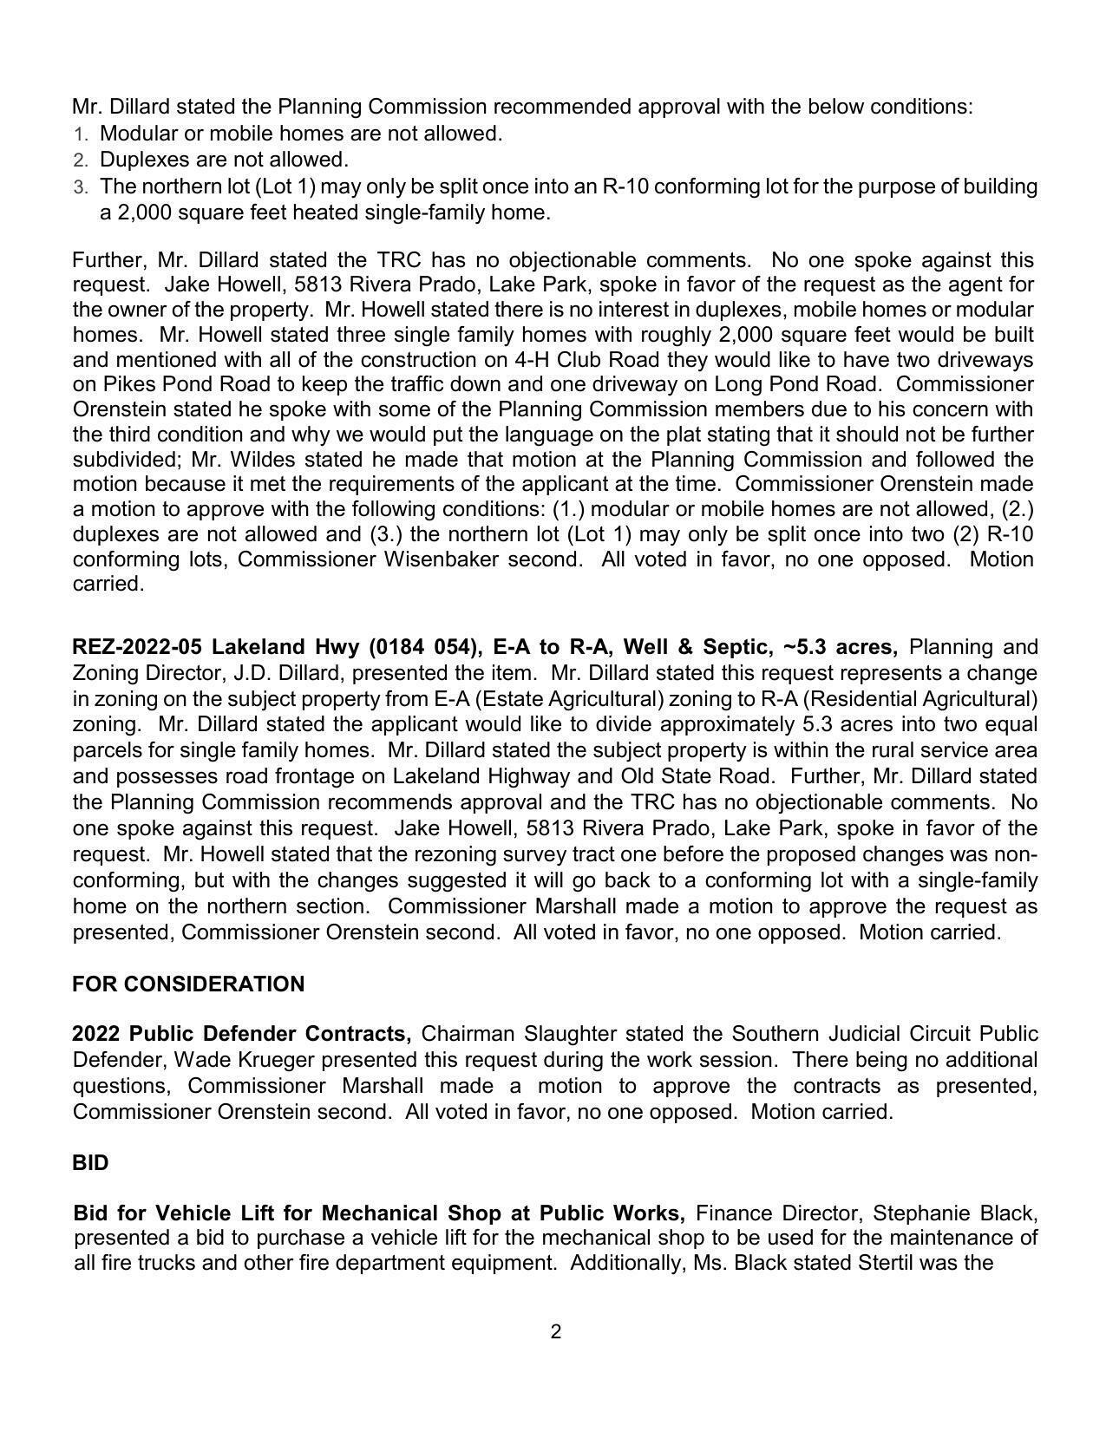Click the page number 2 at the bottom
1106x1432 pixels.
tap(555, 1331)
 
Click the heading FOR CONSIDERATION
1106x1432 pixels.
tap(188, 984)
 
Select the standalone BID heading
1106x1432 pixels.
tap(90, 1163)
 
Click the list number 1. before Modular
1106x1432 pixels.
tap(81, 134)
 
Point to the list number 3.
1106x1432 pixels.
tap(81, 187)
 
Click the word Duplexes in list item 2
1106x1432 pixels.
tap(141, 160)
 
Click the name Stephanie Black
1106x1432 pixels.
tap(954, 1213)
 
